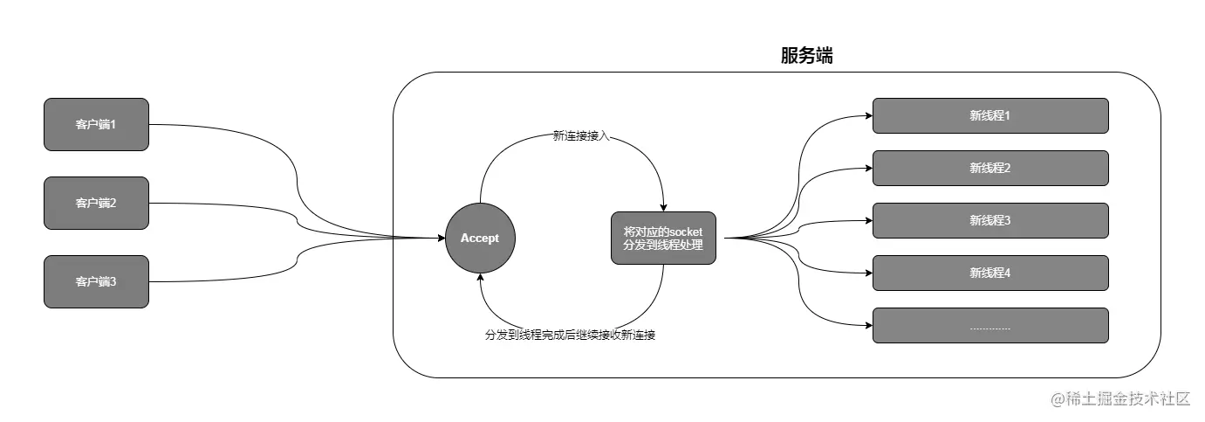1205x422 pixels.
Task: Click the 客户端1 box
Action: click(x=96, y=124)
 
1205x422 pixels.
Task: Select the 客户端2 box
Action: click(x=96, y=203)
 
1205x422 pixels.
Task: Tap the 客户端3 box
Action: click(x=96, y=281)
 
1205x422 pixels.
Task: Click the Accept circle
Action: click(x=480, y=238)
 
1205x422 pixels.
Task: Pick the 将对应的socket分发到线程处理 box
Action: click(x=663, y=238)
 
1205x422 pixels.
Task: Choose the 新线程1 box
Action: click(x=990, y=115)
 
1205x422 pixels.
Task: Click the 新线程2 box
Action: click(x=990, y=168)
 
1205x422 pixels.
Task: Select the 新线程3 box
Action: click(x=990, y=220)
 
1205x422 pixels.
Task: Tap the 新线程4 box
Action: click(x=990, y=273)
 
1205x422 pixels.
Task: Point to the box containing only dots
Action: click(x=990, y=325)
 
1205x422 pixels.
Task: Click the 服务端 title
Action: click(x=806, y=57)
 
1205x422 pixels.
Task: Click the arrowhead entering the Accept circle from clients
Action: click(x=441, y=238)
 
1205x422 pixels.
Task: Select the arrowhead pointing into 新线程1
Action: click(x=868, y=115)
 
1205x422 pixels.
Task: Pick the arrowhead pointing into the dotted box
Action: click(x=868, y=325)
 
